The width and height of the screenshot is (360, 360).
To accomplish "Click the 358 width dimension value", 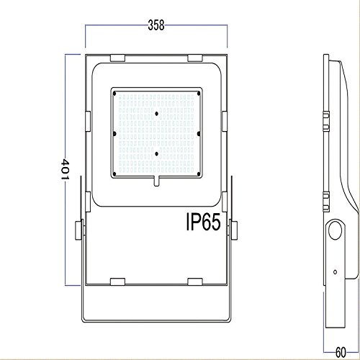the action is [156, 25].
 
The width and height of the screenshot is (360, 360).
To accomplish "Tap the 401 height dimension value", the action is [65, 169].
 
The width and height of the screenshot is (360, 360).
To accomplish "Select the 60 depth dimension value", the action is [341, 353].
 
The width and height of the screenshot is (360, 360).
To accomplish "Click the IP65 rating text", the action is [203, 222].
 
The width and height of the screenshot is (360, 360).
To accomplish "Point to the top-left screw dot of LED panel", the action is [114, 94].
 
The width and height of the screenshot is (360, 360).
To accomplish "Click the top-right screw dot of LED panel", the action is [199, 94].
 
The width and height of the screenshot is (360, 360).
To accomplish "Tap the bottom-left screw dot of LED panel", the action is [114, 174].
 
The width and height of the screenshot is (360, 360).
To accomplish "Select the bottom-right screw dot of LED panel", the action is [199, 174].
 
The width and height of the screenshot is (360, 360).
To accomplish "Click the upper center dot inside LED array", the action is [156, 114].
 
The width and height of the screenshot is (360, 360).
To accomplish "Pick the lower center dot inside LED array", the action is [156, 153].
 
